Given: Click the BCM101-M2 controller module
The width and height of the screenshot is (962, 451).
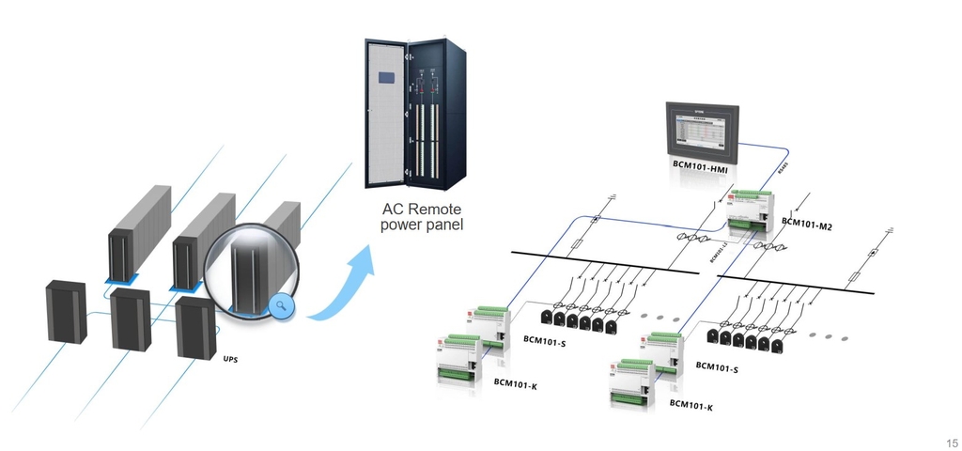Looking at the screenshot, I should click(x=756, y=216).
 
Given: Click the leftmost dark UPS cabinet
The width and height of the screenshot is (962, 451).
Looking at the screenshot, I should click(x=67, y=311).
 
